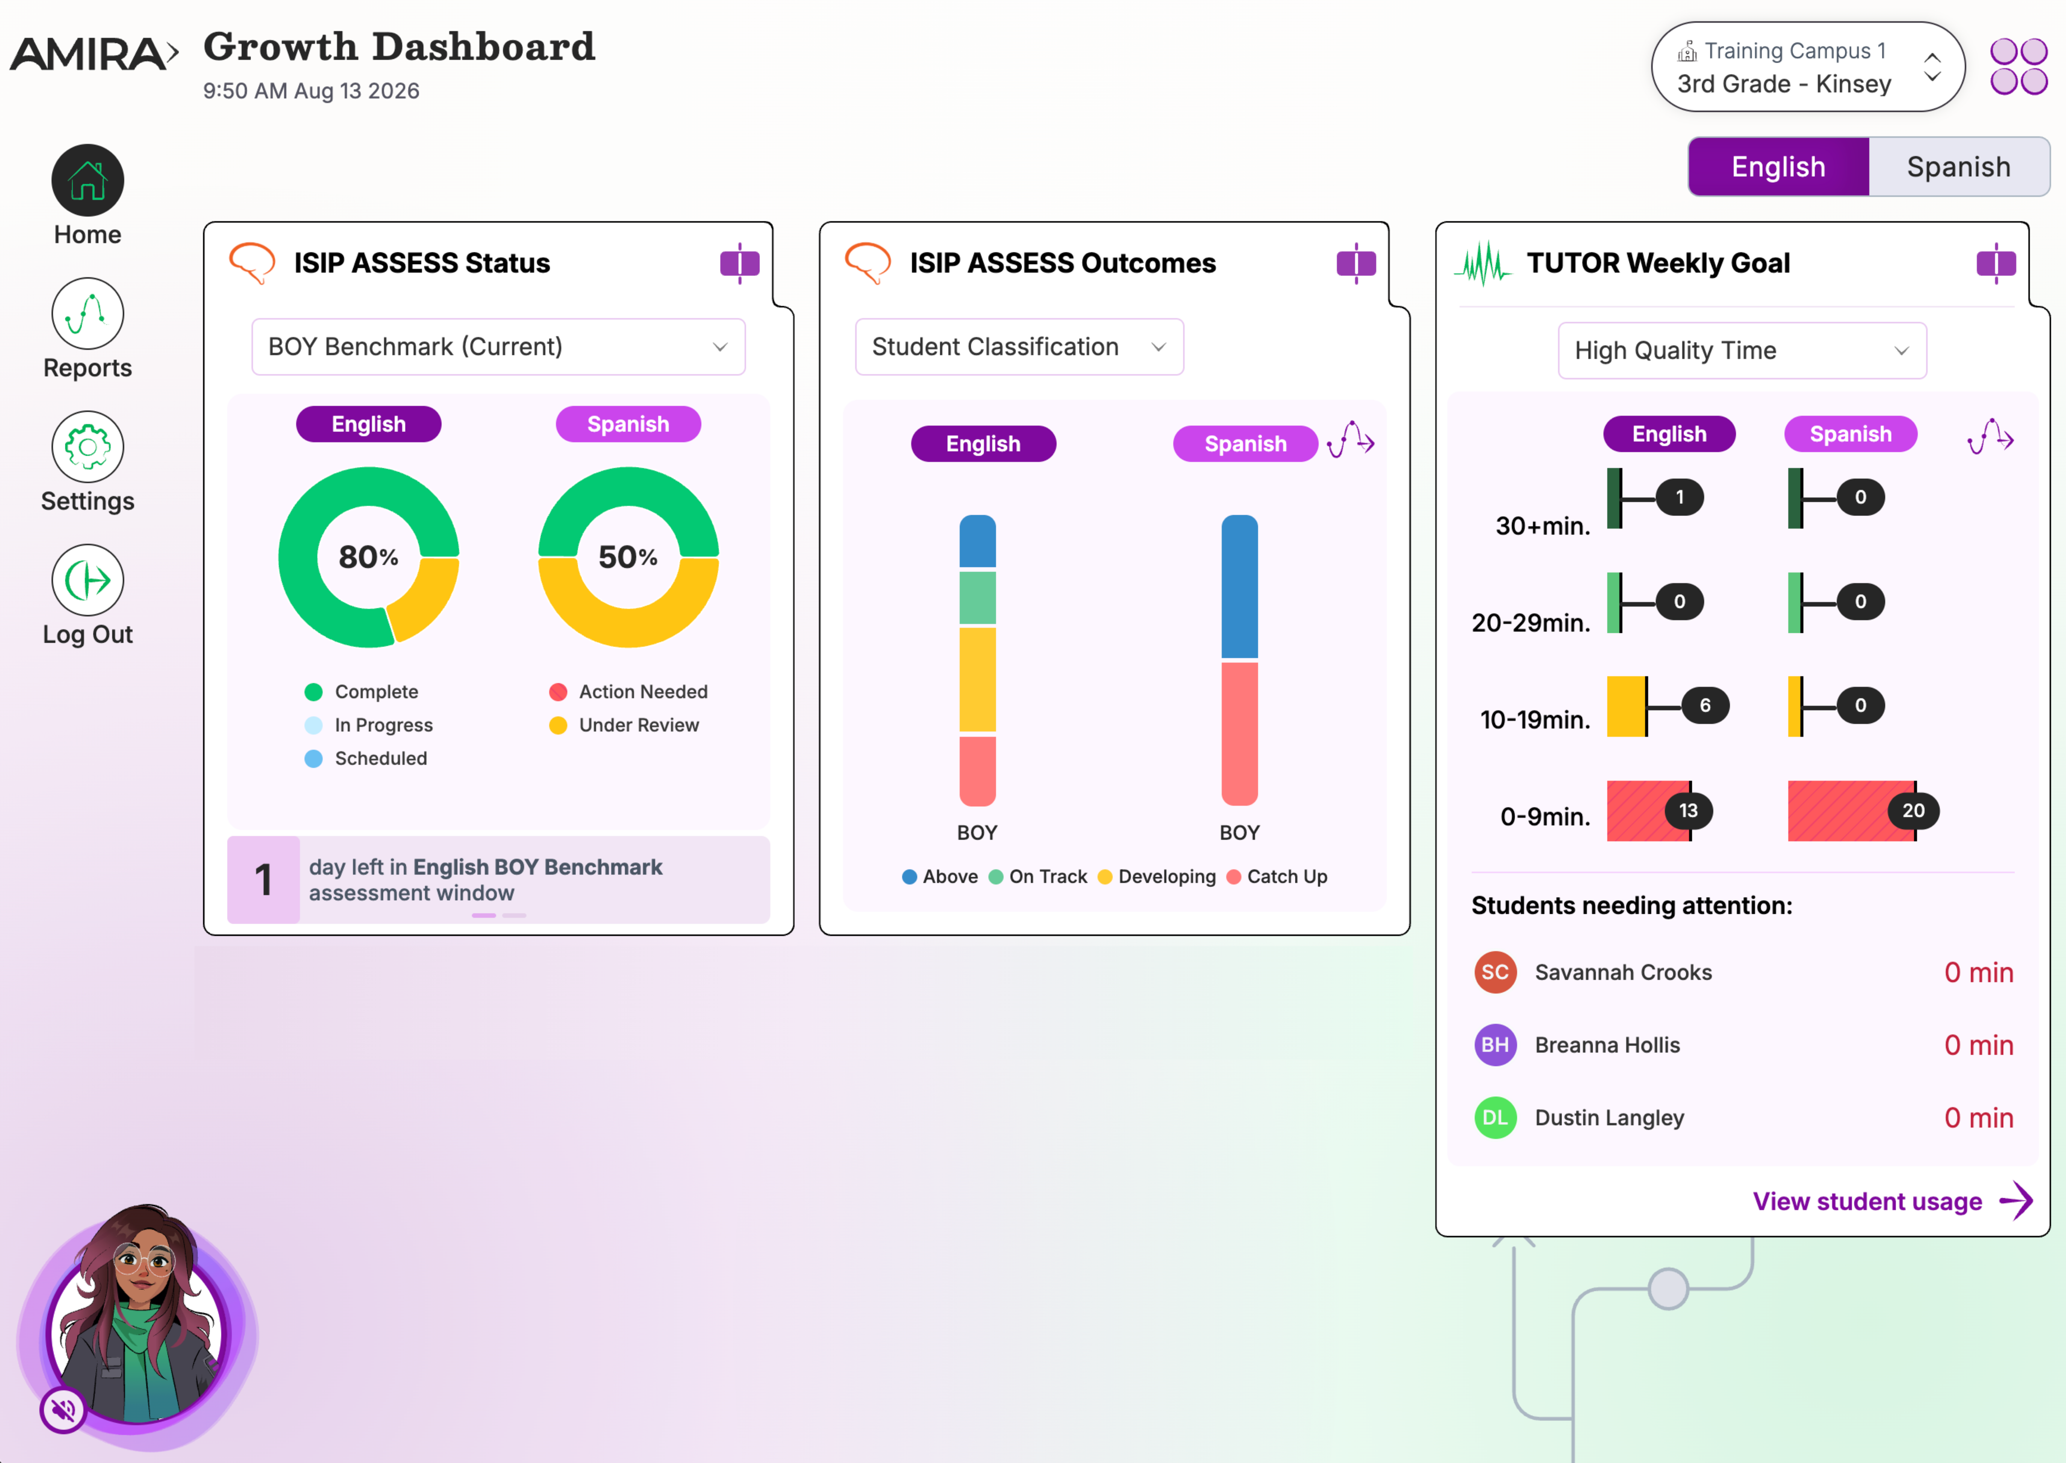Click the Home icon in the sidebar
[88, 180]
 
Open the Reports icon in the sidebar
[88, 314]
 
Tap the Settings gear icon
[88, 447]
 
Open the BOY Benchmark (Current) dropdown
[498, 347]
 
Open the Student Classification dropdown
[1019, 347]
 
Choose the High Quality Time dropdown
[1742, 351]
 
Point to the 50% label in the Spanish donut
[628, 557]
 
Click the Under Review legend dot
[558, 725]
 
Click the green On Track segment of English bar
[978, 597]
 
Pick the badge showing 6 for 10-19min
[1705, 705]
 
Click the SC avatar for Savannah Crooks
[1495, 972]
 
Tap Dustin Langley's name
[1609, 1118]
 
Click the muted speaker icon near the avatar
[63, 1410]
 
